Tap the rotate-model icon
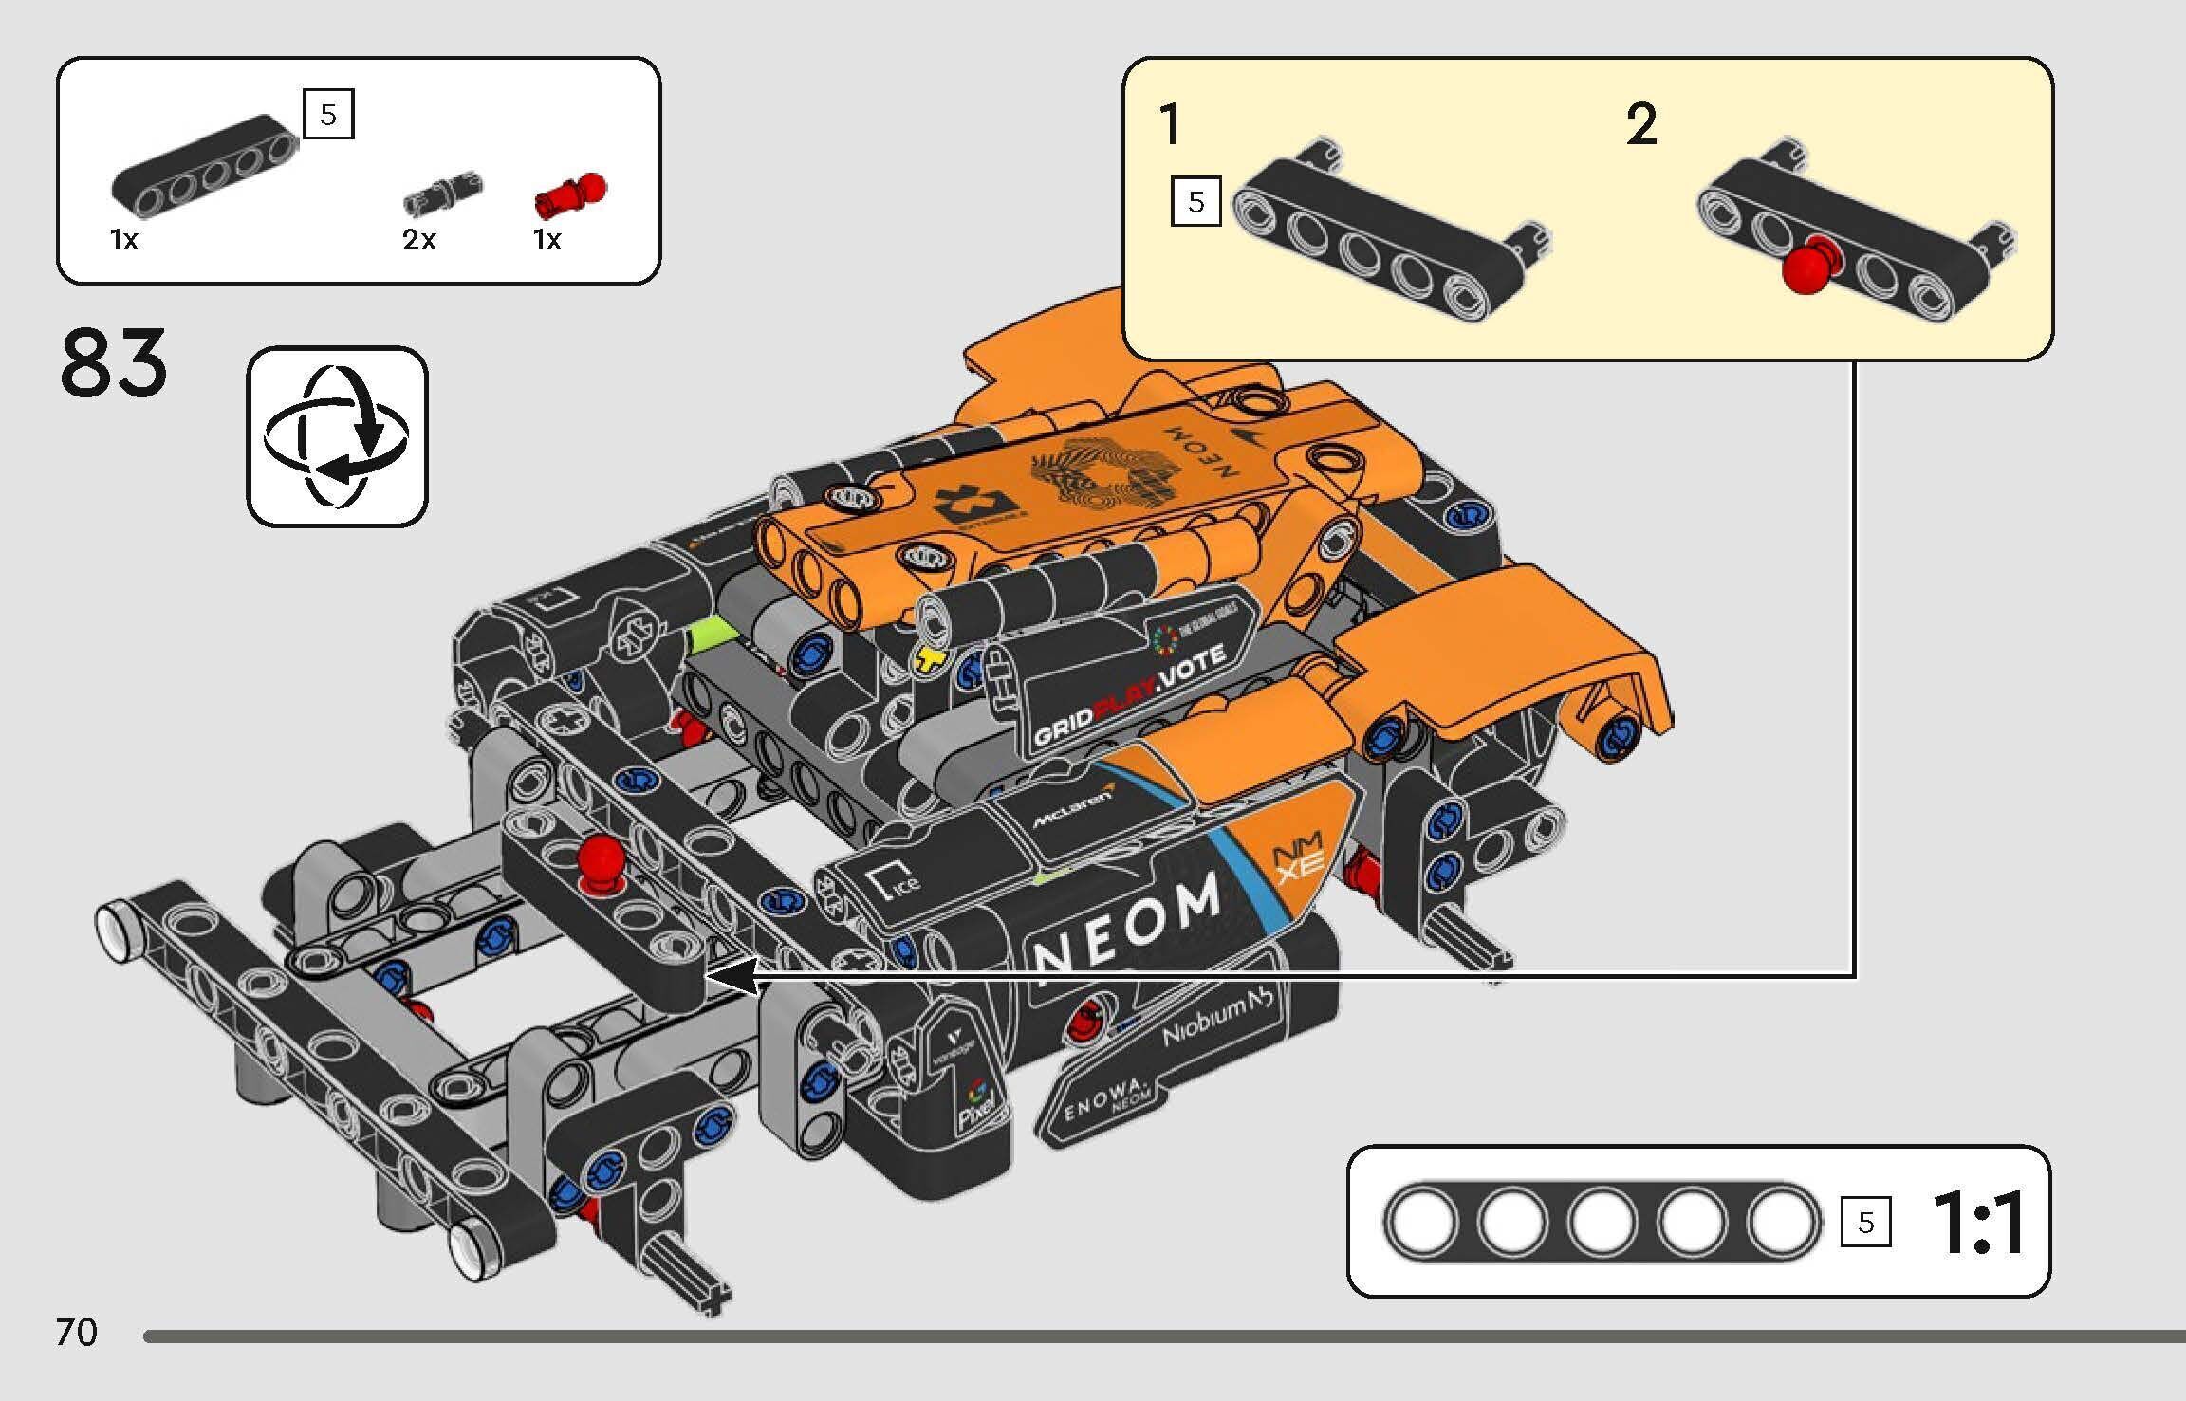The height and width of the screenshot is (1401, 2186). [337, 436]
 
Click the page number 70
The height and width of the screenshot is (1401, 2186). [76, 1333]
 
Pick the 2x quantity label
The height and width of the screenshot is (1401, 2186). [418, 240]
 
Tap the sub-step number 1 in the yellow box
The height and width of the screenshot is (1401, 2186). [1171, 125]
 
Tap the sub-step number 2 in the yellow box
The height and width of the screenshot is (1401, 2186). [1641, 125]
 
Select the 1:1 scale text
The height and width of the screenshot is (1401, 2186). [1978, 1224]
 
